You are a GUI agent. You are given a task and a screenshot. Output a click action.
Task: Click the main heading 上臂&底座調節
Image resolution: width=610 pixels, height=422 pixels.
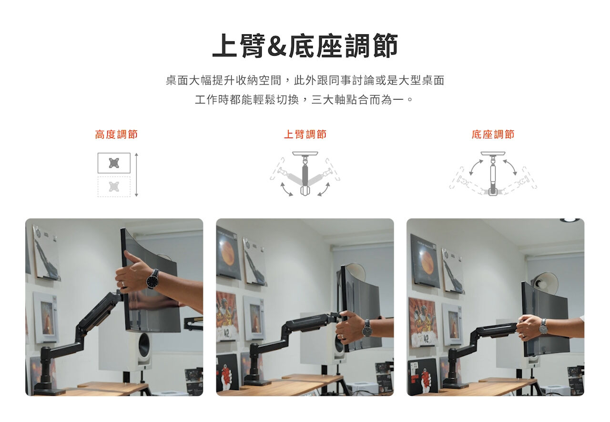(305, 45)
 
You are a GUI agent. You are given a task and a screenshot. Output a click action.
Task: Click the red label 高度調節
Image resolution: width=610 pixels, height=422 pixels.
(116, 134)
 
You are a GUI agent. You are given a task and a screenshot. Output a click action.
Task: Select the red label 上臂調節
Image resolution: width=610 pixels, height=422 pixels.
(305, 134)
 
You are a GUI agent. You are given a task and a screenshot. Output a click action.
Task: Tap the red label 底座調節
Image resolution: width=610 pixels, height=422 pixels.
(493, 134)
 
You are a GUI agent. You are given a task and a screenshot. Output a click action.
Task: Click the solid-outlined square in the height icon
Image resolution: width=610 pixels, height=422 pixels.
(114, 163)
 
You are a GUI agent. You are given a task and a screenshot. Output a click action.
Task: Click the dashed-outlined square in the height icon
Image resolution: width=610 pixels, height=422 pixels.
(114, 187)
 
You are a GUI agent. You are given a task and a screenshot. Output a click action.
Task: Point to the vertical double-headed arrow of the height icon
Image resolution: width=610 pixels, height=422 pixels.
(136, 175)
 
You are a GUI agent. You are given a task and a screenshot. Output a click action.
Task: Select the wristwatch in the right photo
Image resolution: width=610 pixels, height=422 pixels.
(543, 329)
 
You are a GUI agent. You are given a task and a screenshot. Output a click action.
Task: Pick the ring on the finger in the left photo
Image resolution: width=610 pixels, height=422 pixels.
(123, 284)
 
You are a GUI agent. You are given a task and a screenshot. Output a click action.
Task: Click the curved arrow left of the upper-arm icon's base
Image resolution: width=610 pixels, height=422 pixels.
(286, 189)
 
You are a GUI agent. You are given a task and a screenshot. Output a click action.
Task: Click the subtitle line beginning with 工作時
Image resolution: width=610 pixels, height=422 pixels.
(304, 100)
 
